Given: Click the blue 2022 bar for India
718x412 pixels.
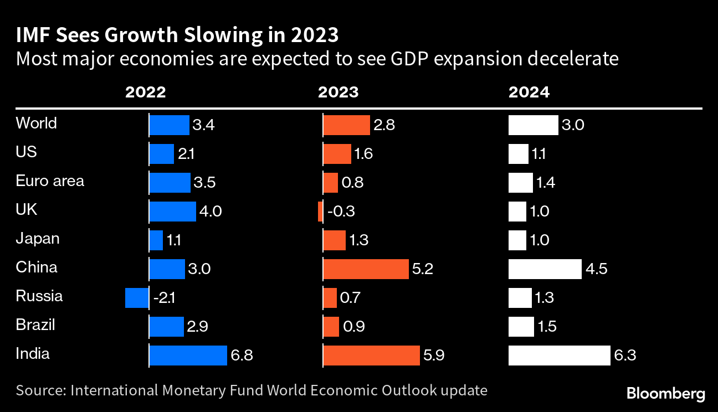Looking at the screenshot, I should pyautogui.click(x=188, y=355).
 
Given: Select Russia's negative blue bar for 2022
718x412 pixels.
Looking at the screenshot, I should pyautogui.click(x=136, y=297).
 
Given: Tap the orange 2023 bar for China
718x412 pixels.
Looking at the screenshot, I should pyautogui.click(x=366, y=269).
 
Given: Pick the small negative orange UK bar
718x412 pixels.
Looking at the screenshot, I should pyautogui.click(x=321, y=211).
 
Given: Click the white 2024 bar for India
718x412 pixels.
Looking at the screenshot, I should pyautogui.click(x=560, y=355).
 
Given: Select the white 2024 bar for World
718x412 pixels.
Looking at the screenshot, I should pyautogui.click(x=533, y=125).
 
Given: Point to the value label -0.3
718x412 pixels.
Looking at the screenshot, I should pyautogui.click(x=342, y=212).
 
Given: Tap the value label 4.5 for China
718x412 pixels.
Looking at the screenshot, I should pyautogui.click(x=596, y=269).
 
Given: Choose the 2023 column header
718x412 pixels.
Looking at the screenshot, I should pyautogui.click(x=338, y=92).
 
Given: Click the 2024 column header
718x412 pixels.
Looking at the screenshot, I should pyautogui.click(x=529, y=92).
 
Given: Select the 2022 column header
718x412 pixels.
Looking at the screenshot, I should pyautogui.click(x=146, y=92).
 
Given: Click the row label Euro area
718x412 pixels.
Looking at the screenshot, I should pyautogui.click(x=50, y=181).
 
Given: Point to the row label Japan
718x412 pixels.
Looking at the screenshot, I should pyautogui.click(x=38, y=239).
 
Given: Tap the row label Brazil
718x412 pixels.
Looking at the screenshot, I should pyautogui.click(x=35, y=325).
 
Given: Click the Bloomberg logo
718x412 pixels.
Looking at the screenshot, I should pyautogui.click(x=666, y=394).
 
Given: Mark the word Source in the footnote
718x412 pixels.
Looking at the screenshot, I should pyautogui.click(x=40, y=390).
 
